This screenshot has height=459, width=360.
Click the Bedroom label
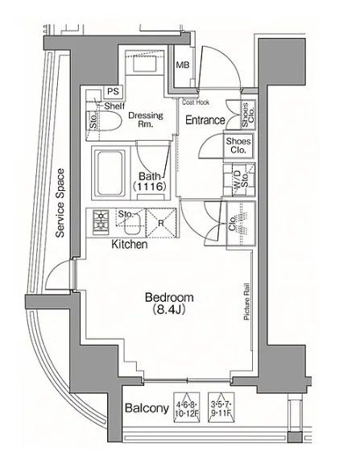pos(169,296)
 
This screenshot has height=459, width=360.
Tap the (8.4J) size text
pos(169,309)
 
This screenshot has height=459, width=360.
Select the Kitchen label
pos(129,243)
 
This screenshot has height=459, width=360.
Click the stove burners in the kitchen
pos(102,218)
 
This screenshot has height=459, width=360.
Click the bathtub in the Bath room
pos(109,171)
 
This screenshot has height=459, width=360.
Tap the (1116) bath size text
pos(150,187)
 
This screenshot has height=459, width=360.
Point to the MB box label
pos(183,65)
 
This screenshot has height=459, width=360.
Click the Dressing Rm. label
pos(146,120)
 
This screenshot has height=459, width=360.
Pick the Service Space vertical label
pos(60,207)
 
